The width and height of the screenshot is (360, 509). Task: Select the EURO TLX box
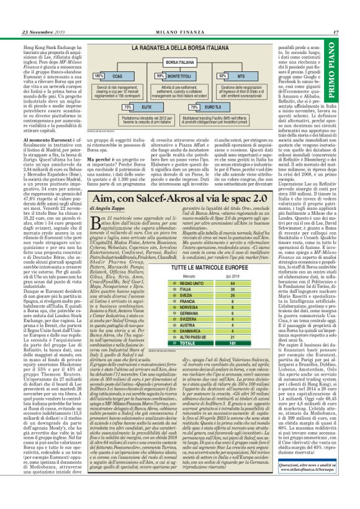[x=213, y=107]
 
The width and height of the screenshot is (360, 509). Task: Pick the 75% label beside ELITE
[x=128, y=107]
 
